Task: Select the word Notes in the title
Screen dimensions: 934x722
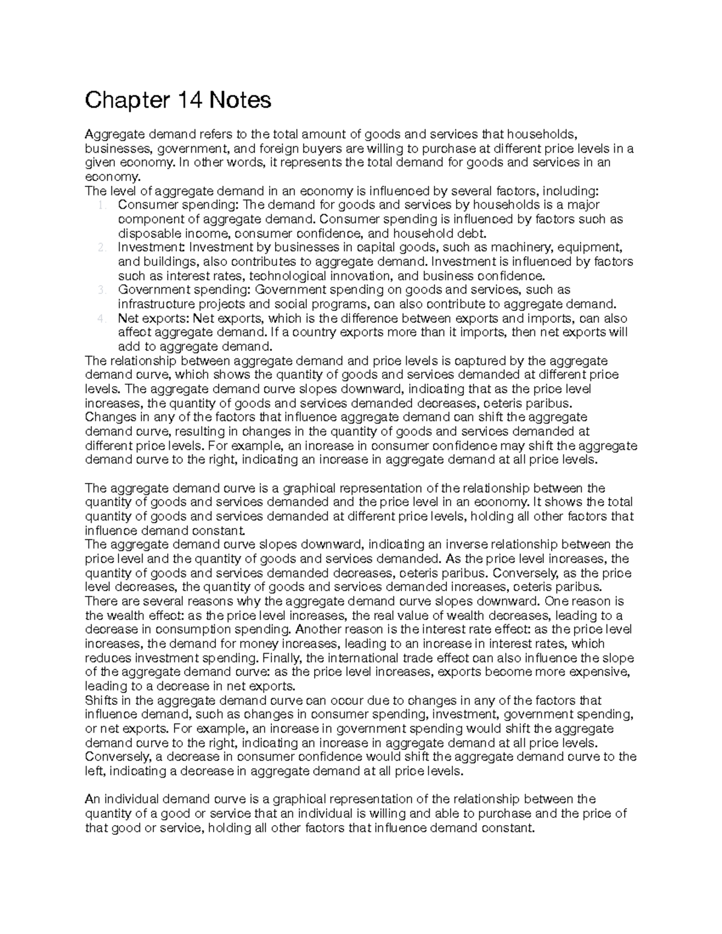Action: [x=240, y=100]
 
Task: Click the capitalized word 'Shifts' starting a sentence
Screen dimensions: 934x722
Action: [x=102, y=701]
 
